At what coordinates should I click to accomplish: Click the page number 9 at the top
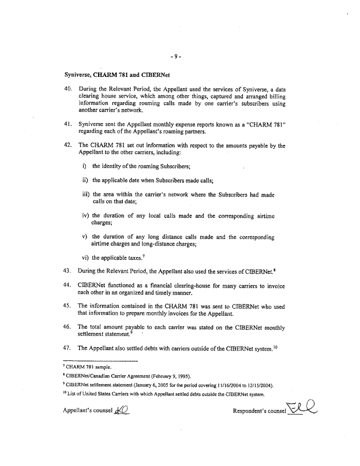coord(177,57)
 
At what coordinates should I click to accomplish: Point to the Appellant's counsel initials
coord(122,412)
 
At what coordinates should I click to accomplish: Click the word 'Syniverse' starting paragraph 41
coord(93,124)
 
